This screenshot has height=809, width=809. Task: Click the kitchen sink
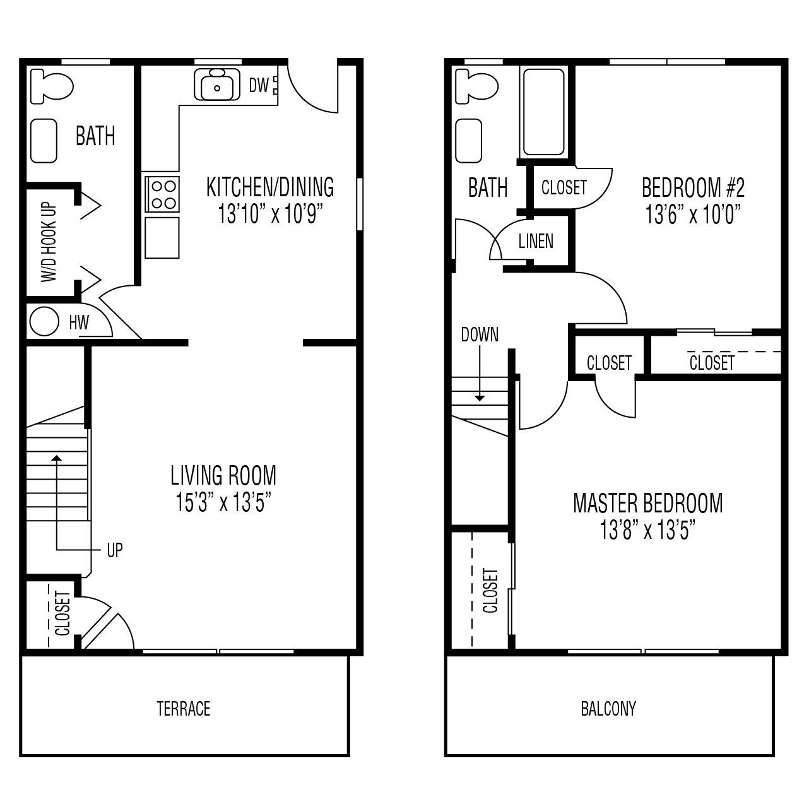pyautogui.click(x=217, y=85)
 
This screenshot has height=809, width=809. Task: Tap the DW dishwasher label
pyautogui.click(x=259, y=86)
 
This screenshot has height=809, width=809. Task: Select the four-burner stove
pyautogui.click(x=162, y=194)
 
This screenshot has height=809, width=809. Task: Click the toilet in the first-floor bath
pyautogui.click(x=52, y=86)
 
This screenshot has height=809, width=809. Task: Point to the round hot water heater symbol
pyautogui.click(x=44, y=322)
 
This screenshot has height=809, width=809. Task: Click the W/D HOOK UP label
pyautogui.click(x=49, y=242)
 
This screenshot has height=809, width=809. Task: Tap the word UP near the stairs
pyautogui.click(x=115, y=550)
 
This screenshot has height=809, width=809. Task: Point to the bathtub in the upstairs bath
pyautogui.click(x=544, y=112)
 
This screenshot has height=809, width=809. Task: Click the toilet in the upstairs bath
pyautogui.click(x=477, y=86)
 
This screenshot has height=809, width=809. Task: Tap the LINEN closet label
pyautogui.click(x=536, y=242)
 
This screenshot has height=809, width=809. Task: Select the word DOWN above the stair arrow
pyautogui.click(x=480, y=334)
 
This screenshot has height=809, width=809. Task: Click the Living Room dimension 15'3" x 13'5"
pyautogui.click(x=223, y=502)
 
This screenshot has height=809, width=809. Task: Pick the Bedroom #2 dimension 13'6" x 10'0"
pyautogui.click(x=693, y=214)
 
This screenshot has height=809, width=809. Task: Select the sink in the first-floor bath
pyautogui.click(x=44, y=141)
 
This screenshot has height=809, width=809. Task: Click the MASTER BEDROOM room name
pyautogui.click(x=648, y=504)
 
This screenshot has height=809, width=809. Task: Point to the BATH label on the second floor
pyautogui.click(x=487, y=187)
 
